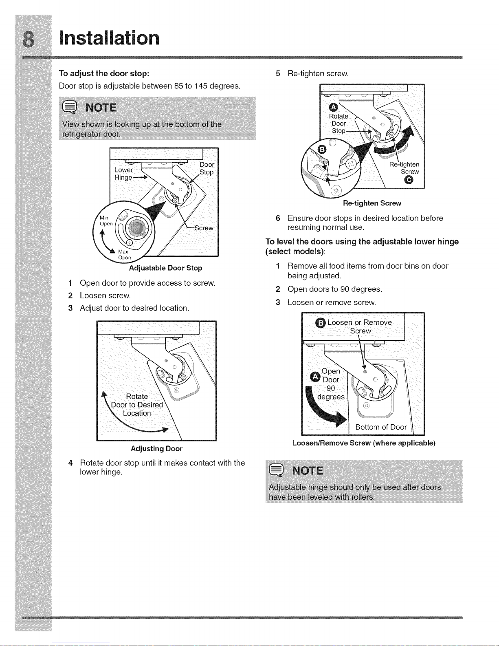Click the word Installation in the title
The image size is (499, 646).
(x=109, y=38)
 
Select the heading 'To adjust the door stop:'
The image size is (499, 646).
(x=104, y=73)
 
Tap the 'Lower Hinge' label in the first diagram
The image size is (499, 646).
(x=123, y=174)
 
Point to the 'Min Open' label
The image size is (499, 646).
(x=106, y=221)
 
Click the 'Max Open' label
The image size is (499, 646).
(x=124, y=255)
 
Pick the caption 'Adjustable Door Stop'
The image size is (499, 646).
(x=165, y=268)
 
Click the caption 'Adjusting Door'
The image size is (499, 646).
(x=156, y=448)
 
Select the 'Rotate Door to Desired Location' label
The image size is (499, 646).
(x=137, y=405)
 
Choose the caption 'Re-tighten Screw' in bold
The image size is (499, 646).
(x=372, y=203)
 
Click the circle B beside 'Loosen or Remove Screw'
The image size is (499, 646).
(x=321, y=323)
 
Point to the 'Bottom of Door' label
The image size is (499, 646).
(x=381, y=427)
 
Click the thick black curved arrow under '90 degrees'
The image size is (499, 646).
(x=326, y=414)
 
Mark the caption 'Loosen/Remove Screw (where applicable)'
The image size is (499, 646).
(x=364, y=443)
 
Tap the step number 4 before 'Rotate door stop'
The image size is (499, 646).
(x=70, y=463)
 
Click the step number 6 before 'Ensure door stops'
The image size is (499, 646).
(x=278, y=218)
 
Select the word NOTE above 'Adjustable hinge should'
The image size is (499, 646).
(x=308, y=471)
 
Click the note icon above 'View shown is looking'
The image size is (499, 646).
(x=68, y=107)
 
